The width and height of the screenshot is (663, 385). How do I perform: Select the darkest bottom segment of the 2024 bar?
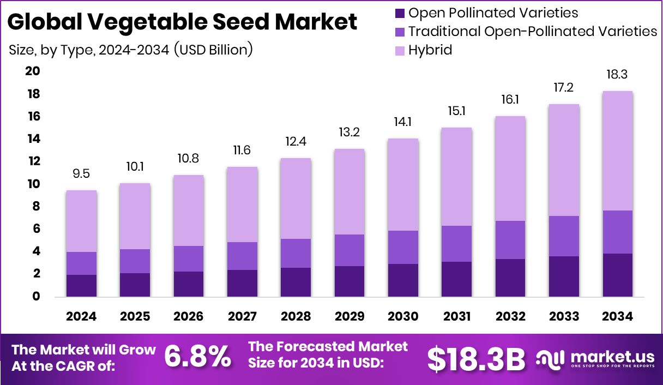click(x=82, y=285)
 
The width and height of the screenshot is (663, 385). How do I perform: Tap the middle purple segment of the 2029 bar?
click(x=349, y=250)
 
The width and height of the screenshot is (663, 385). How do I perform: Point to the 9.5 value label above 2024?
click(x=82, y=174)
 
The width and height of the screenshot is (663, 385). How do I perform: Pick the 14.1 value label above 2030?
click(x=403, y=122)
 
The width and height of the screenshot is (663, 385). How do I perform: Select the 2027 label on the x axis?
click(x=242, y=316)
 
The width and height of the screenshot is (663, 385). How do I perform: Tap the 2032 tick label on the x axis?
click(x=510, y=316)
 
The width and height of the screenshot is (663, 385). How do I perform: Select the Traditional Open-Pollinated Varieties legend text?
click(x=533, y=32)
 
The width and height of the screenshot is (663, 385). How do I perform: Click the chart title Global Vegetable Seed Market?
click(x=182, y=22)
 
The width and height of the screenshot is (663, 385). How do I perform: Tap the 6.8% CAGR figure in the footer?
click(x=197, y=358)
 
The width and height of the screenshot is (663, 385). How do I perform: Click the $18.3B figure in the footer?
click(x=475, y=358)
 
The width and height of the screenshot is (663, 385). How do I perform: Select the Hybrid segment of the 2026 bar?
click(x=189, y=210)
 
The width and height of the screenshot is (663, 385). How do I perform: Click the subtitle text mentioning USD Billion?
click(x=131, y=50)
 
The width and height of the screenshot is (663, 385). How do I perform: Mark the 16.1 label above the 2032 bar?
click(x=510, y=100)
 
